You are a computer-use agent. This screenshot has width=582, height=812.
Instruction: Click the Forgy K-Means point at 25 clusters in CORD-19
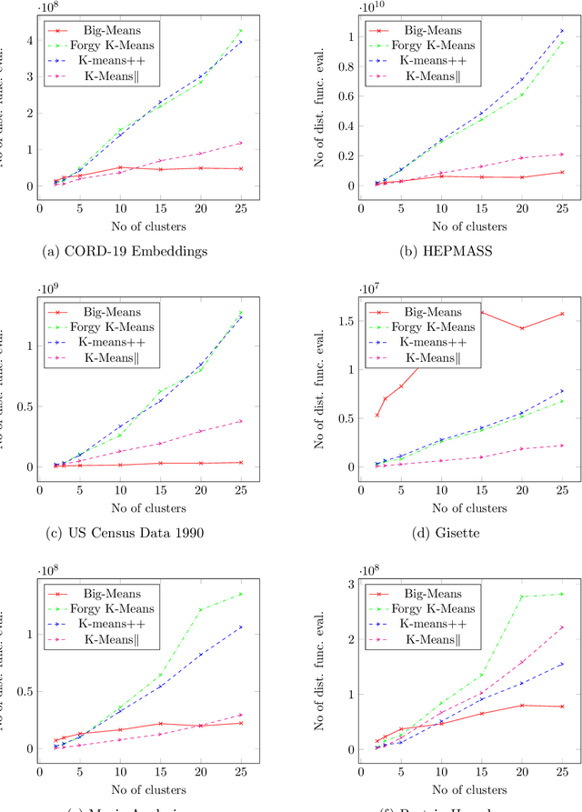[x=240, y=30]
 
